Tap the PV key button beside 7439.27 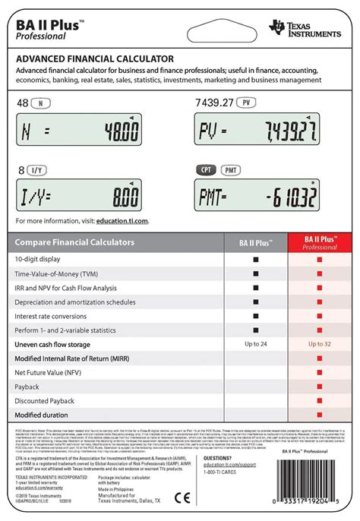(x=246, y=102)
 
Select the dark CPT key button (x=206, y=170)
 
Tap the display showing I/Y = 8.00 (x=79, y=198)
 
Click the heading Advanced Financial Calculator (x=95, y=58)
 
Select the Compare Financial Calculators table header (x=74, y=242)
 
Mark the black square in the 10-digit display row (x=258, y=259)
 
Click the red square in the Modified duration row (x=320, y=415)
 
